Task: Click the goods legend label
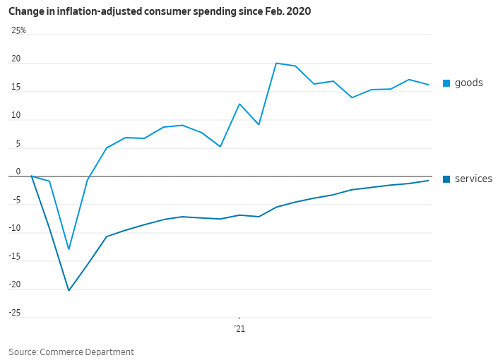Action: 468,83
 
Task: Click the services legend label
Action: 473,179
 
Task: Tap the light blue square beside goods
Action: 446,83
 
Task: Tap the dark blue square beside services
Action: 446,179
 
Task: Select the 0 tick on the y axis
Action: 19,172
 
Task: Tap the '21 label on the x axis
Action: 239,328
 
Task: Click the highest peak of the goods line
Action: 276,64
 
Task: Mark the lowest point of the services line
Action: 69,290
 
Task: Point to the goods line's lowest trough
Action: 69,248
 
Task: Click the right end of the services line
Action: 429,181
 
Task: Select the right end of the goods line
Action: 429,85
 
